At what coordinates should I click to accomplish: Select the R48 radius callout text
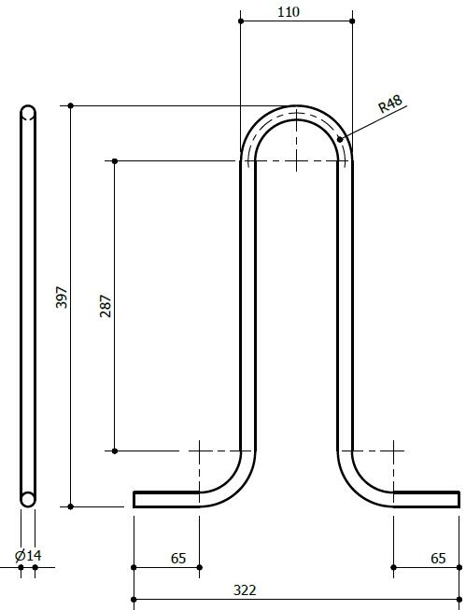390,104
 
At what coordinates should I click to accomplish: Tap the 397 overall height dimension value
62,298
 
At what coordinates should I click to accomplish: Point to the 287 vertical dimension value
106,306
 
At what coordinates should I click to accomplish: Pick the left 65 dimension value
177,558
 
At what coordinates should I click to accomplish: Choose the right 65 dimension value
438,558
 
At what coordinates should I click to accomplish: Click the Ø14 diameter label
28,556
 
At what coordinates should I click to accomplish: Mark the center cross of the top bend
296,160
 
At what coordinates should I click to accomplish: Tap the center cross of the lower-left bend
200,451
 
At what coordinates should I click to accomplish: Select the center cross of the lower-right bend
393,451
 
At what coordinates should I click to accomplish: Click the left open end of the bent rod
135,499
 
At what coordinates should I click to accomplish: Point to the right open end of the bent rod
458,499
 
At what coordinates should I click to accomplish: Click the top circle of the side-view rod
28,114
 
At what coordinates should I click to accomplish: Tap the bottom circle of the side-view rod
28,499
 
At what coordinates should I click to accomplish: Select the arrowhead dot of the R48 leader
341,140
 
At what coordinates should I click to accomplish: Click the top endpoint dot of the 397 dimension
71,105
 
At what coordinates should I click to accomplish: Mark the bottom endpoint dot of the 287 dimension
115,451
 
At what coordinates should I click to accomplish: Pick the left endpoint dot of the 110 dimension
241,21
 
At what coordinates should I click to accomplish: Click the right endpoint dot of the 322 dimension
459,599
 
